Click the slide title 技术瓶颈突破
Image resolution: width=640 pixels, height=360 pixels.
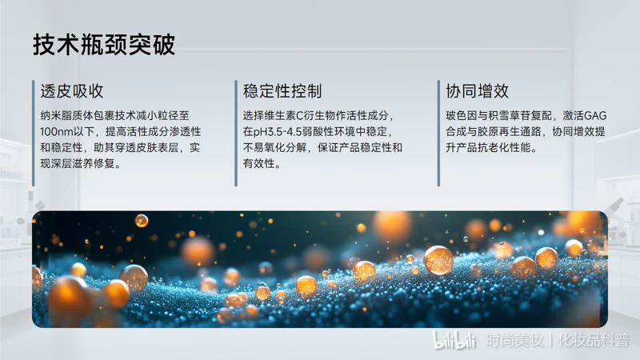pyautogui.click(x=104, y=45)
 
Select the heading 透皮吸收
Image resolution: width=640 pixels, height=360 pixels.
pyautogui.click(x=72, y=91)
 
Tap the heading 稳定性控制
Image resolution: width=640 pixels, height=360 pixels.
pyautogui.click(x=282, y=91)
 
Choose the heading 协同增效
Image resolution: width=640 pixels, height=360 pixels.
pyautogui.click(x=477, y=91)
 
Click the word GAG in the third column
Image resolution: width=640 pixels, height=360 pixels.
pyautogui.click(x=595, y=116)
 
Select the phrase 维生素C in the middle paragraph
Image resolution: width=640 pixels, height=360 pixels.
pyautogui.click(x=284, y=116)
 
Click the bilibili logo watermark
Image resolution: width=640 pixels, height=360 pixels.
pyautogui.click(x=454, y=341)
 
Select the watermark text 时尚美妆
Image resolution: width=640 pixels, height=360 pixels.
pyautogui.click(x=514, y=340)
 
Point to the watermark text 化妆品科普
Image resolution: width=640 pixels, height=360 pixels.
pyautogui.click(x=594, y=340)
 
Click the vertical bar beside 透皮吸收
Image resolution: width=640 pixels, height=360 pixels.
pyautogui.click(x=34, y=134)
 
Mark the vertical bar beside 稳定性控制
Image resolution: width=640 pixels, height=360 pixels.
pyautogui.click(x=236, y=134)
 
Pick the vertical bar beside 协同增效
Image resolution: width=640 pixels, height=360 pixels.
pyautogui.click(x=438, y=134)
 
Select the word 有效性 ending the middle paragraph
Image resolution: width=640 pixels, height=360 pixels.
pyautogui.click(x=258, y=164)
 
